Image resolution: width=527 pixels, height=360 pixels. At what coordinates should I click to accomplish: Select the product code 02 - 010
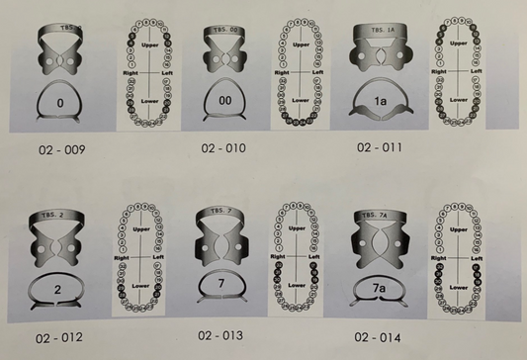click(x=221, y=149)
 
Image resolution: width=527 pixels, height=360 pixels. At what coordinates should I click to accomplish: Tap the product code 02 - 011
click(x=380, y=148)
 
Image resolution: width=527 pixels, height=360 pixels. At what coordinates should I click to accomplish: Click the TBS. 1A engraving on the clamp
click(x=380, y=31)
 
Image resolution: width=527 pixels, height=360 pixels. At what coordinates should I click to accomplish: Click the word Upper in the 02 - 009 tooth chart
click(x=152, y=45)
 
